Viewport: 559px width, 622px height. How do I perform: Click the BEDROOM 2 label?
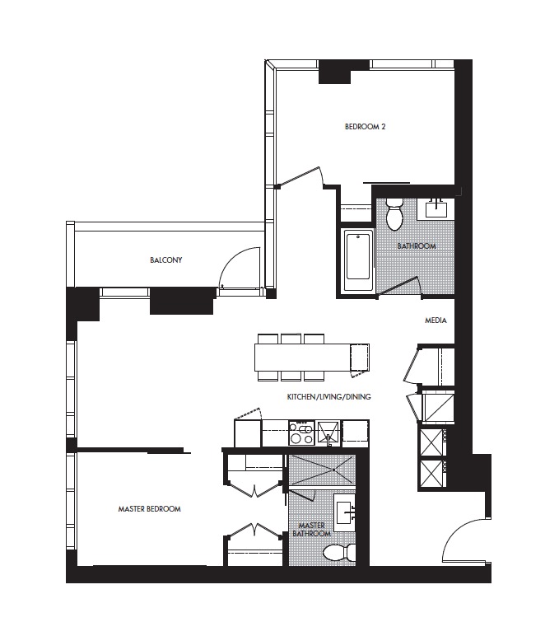click(366, 127)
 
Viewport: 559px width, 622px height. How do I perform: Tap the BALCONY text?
click(166, 260)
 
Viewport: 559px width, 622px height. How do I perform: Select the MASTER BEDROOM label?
click(150, 509)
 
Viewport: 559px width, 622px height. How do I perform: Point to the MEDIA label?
click(436, 320)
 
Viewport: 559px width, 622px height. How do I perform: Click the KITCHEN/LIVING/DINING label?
click(329, 397)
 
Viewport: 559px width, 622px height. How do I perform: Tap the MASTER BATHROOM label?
click(312, 530)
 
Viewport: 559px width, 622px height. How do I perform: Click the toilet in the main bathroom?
click(394, 214)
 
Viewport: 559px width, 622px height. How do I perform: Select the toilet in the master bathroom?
click(339, 553)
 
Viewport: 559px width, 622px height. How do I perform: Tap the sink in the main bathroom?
click(436, 208)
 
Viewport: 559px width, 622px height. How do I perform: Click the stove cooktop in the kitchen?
click(301, 433)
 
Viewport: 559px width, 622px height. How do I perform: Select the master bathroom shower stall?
click(322, 470)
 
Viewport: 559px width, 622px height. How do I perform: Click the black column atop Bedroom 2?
click(335, 72)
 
